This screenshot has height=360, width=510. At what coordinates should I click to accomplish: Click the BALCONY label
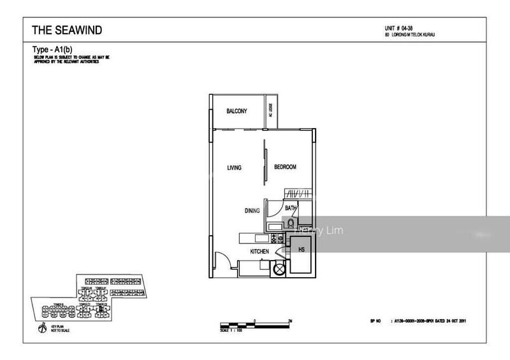[237, 112]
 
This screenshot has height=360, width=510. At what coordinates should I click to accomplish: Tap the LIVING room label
[234, 168]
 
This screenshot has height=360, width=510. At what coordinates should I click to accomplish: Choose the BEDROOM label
[285, 167]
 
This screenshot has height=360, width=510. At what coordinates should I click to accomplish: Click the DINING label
[252, 211]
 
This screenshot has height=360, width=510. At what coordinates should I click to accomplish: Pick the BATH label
[291, 208]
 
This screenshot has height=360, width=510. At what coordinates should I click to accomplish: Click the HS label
[301, 249]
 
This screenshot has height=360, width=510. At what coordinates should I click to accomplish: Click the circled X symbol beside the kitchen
[279, 270]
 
